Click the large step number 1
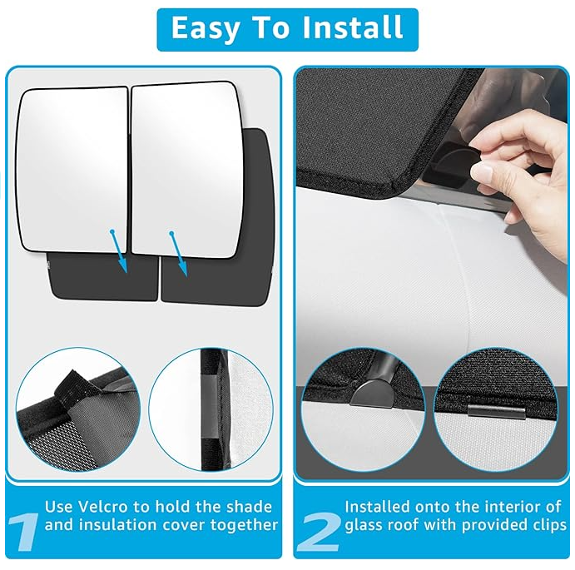[23, 531]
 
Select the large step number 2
[320, 531]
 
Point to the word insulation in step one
[117, 524]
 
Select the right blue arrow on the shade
[179, 254]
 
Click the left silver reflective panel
[72, 169]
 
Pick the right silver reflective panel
[187, 170]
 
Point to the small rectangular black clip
[496, 412]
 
